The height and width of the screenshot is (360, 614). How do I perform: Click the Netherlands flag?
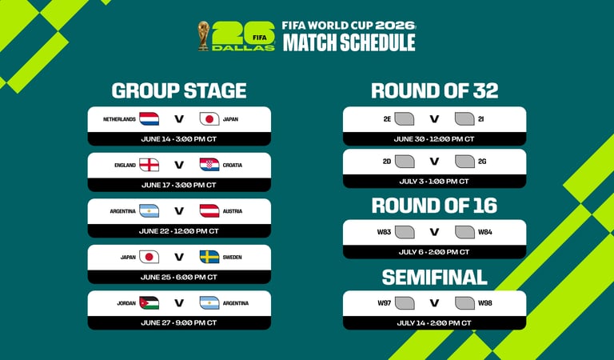[150, 119]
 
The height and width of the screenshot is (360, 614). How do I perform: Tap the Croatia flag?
[209, 165]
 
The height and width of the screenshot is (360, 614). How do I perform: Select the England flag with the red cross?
[150, 165]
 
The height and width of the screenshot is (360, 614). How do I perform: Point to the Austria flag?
[209, 211]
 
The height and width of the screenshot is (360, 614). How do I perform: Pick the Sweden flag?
[209, 257]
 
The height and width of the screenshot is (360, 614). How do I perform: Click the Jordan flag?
[150, 303]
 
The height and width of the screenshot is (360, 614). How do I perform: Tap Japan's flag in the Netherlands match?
[209, 119]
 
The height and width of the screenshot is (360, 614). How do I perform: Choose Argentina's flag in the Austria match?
[150, 211]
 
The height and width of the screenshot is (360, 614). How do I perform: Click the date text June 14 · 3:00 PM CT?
[179, 138]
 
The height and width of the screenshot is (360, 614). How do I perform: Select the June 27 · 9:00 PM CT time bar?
[179, 322]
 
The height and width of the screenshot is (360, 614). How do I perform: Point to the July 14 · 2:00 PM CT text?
[435, 322]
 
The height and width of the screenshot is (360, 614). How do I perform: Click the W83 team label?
[385, 232]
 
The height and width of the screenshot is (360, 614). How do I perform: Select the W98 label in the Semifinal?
[485, 303]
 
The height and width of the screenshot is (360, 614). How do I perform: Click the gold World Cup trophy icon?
[204, 35]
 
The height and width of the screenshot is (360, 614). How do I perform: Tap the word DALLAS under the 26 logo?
[244, 47]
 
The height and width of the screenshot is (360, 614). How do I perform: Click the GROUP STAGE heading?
[179, 90]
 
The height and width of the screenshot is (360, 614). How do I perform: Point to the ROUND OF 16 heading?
[434, 206]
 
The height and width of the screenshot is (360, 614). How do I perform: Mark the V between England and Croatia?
[179, 166]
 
